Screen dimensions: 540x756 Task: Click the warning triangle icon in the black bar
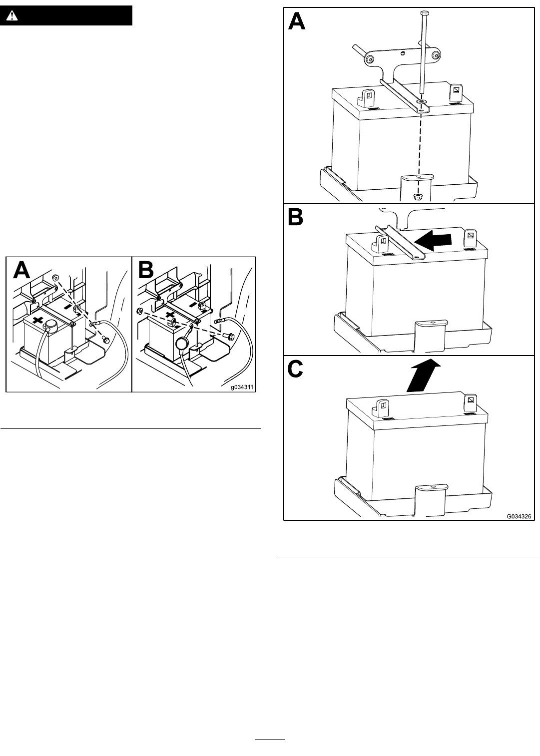pos(12,15)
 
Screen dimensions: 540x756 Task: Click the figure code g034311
pos(242,387)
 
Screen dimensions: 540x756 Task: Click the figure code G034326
pos(519,516)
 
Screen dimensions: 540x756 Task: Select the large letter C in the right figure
pos(296,370)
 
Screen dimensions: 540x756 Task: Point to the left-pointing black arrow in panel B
pos(433,241)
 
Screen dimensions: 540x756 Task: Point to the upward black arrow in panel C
pos(424,375)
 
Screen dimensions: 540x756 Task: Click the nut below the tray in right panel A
pos(418,196)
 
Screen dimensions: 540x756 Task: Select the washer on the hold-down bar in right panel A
pos(421,101)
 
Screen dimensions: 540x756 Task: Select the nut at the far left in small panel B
pos(140,311)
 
